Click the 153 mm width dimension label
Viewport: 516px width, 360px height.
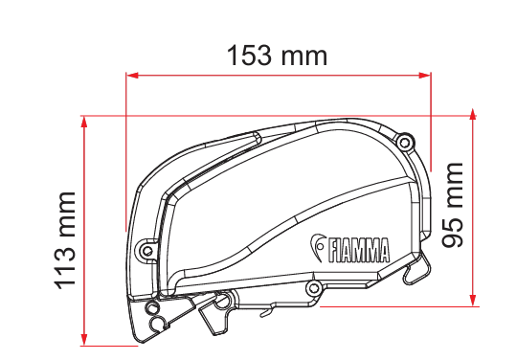pyautogui.click(x=277, y=55)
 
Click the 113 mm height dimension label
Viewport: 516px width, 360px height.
pyautogui.click(x=65, y=241)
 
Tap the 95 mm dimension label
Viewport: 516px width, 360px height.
pyautogui.click(x=452, y=205)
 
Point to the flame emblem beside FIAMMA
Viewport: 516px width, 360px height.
pyautogui.click(x=318, y=247)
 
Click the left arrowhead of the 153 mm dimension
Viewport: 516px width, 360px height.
pyautogui.click(x=132, y=76)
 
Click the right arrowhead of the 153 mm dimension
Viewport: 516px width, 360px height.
pyautogui.click(x=425, y=76)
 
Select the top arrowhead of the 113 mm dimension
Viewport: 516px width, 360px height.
pyautogui.click(x=84, y=123)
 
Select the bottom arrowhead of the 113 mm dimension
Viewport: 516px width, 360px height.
pyautogui.click(x=84, y=339)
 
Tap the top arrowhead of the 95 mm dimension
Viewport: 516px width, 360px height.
pyautogui.click(x=473, y=115)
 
